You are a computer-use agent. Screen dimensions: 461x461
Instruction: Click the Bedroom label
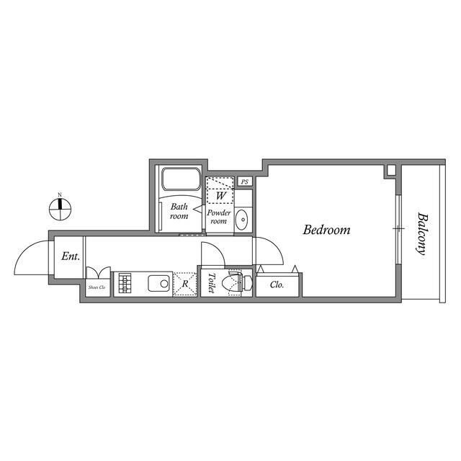tap(326, 230)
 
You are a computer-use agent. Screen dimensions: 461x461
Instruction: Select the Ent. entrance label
tap(70, 256)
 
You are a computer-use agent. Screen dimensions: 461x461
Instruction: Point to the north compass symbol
tap(61, 208)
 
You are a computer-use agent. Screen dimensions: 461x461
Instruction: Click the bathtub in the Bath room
tap(181, 180)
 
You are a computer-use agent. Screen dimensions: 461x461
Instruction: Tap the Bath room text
tap(179, 211)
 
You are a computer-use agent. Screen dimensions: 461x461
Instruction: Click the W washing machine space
tap(220, 192)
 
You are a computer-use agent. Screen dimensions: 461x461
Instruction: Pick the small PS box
tap(245, 182)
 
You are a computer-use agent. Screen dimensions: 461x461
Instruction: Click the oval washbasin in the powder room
tap(243, 218)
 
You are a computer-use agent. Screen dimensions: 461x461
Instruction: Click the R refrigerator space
tap(185, 283)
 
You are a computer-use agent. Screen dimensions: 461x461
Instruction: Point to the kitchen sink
tap(159, 283)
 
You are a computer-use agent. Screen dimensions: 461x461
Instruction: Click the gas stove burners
tap(125, 283)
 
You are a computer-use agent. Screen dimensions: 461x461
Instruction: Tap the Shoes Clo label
tap(97, 287)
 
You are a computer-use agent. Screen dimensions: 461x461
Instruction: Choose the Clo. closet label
tap(277, 285)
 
